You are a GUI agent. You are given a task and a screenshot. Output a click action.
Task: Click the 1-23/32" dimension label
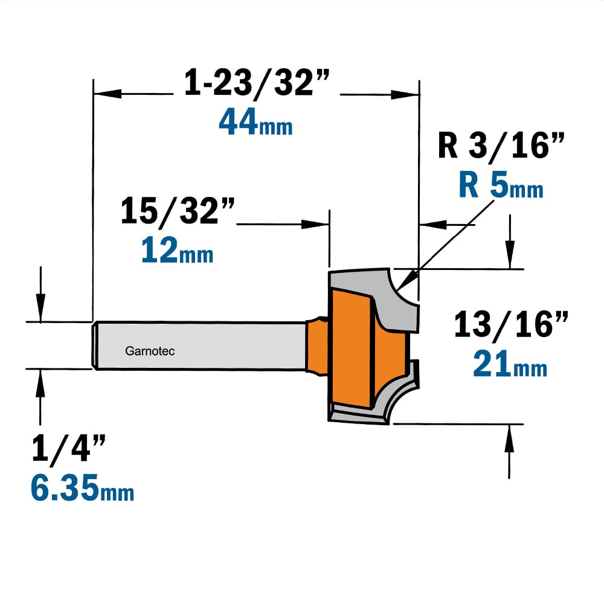coord(257,82)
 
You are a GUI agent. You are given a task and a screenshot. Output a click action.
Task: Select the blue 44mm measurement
coord(255,122)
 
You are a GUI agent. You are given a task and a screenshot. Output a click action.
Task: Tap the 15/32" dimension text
coord(178,211)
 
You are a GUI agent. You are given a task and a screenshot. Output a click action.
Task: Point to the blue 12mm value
coord(177,250)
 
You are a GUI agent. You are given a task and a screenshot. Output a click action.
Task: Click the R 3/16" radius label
coord(501,145)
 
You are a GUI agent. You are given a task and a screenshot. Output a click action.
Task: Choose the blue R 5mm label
coord(501,185)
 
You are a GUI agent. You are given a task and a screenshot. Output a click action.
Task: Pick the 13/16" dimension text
coord(511,324)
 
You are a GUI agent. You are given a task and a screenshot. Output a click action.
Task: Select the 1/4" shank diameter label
coord(69,448)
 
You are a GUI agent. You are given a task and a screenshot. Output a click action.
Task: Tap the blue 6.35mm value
coord(82,487)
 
